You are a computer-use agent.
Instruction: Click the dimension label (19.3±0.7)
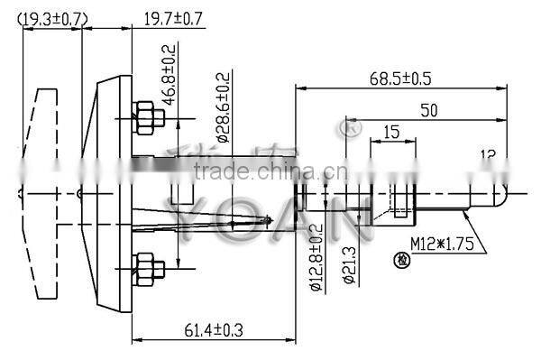click(x=53, y=18)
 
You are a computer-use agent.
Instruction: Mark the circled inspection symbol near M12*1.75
click(x=399, y=261)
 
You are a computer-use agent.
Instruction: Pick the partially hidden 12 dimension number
click(x=488, y=154)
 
